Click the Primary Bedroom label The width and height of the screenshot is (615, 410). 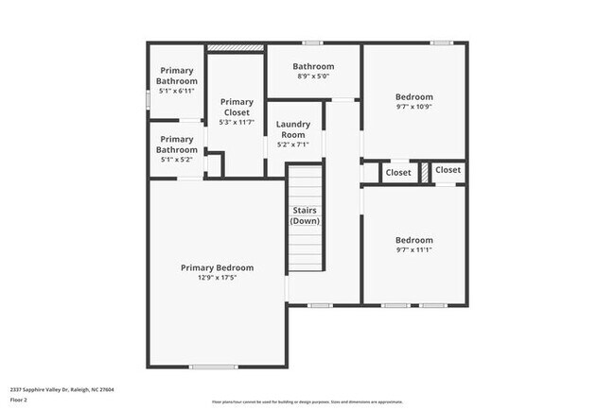tap(217, 267)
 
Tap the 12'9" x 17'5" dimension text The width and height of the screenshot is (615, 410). tap(217, 278)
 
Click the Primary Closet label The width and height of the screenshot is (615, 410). tap(237, 107)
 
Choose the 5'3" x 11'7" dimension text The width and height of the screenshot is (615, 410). tap(237, 122)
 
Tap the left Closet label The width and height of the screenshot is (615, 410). tap(398, 173)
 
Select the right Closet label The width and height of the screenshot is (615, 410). tap(448, 170)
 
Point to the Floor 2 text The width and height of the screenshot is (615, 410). tap(20, 398)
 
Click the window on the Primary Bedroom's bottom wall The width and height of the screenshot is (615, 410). tap(213, 367)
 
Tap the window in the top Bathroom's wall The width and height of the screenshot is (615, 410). tap(312, 43)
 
